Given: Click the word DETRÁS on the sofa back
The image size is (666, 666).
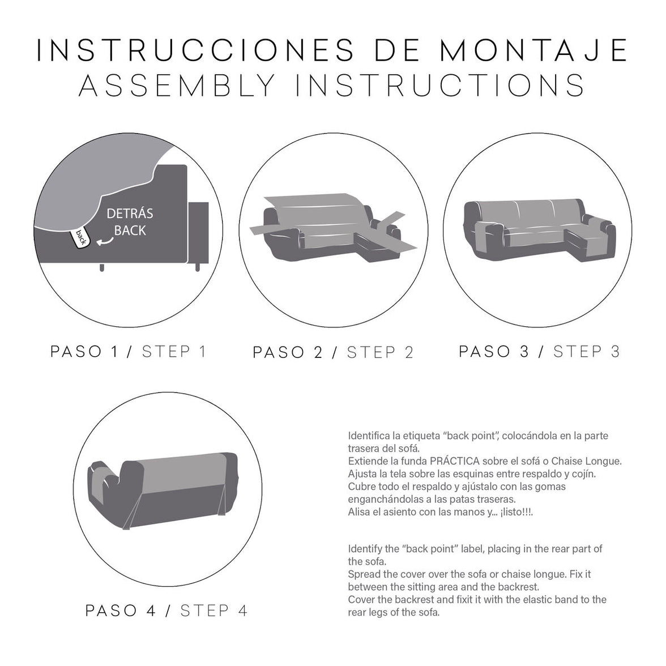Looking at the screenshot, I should [x=130, y=214].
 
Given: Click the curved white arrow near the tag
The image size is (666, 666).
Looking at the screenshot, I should [x=103, y=242].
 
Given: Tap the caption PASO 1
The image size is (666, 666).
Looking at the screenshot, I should [x=84, y=351].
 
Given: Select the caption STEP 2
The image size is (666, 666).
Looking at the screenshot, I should [x=380, y=352].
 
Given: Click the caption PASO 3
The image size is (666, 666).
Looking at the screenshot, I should [x=494, y=351].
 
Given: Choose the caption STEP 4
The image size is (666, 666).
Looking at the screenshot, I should [x=214, y=610].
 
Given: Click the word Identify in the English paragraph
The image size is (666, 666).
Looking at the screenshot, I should [x=365, y=549].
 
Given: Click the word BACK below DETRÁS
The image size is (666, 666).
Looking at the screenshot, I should [x=130, y=230].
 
